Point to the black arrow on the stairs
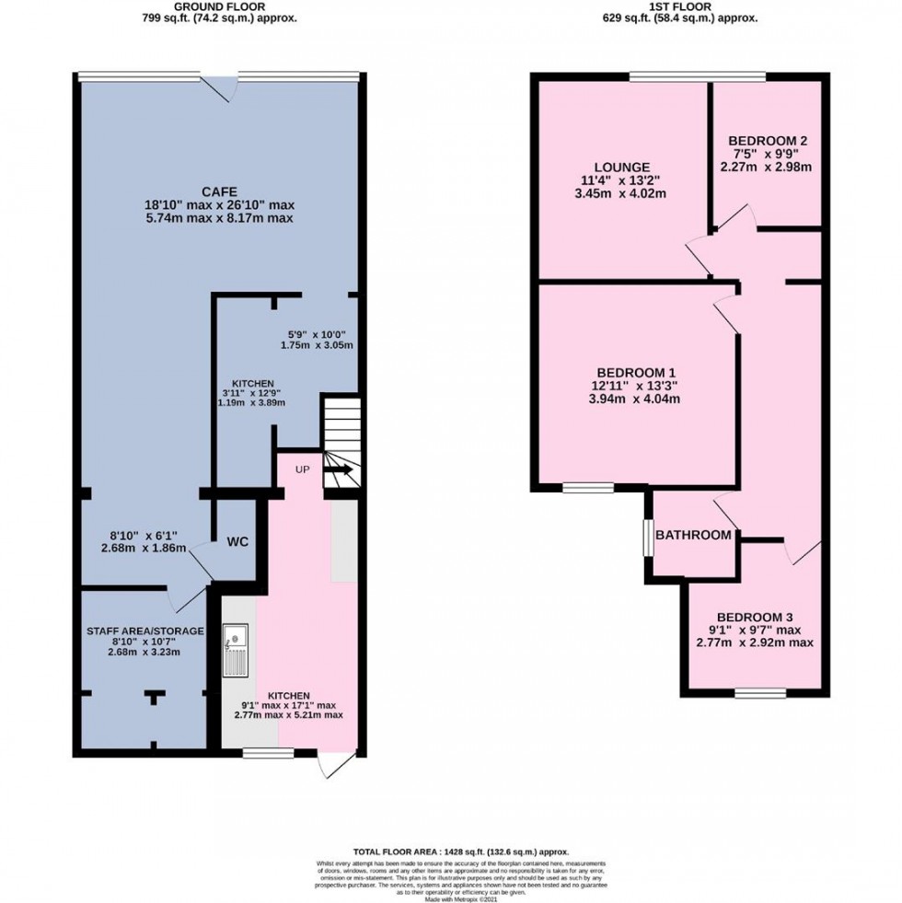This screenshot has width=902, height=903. pos(338,470)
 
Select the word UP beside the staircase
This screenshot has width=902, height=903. pos(302,469)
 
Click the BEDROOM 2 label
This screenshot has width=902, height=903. pos(766,141)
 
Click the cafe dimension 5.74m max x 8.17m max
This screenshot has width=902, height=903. pos(218,218)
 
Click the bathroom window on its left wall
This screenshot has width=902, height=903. pos(648,538)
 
